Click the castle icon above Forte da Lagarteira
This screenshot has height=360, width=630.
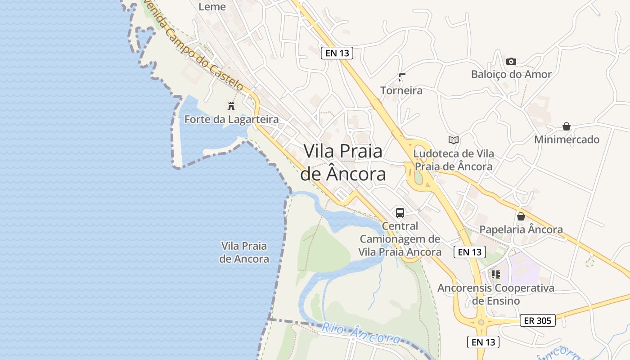[231, 106]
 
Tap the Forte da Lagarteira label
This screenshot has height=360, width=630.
[231, 120]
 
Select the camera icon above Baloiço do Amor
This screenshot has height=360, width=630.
[511, 61]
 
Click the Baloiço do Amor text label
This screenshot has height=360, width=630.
[511, 74]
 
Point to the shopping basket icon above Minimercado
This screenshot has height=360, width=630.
[567, 127]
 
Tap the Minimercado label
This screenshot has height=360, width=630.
[567, 139]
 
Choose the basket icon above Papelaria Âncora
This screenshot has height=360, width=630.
[521, 216]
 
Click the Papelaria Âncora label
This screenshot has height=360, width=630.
[521, 229]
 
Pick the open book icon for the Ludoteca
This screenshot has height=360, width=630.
[454, 140]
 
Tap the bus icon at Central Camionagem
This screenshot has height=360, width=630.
[400, 213]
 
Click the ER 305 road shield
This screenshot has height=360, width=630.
[538, 320]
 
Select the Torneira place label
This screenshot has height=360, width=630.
[401, 90]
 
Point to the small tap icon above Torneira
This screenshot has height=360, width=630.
[401, 77]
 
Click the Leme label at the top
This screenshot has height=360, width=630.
[212, 7]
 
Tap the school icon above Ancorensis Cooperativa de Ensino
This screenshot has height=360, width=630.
[496, 274]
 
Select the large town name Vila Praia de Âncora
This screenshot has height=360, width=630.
[343, 162]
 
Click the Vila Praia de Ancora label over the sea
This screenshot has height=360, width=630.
[244, 252]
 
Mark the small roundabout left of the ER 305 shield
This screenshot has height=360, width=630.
[481, 322]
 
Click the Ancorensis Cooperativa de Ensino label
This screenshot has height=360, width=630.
[496, 294]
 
